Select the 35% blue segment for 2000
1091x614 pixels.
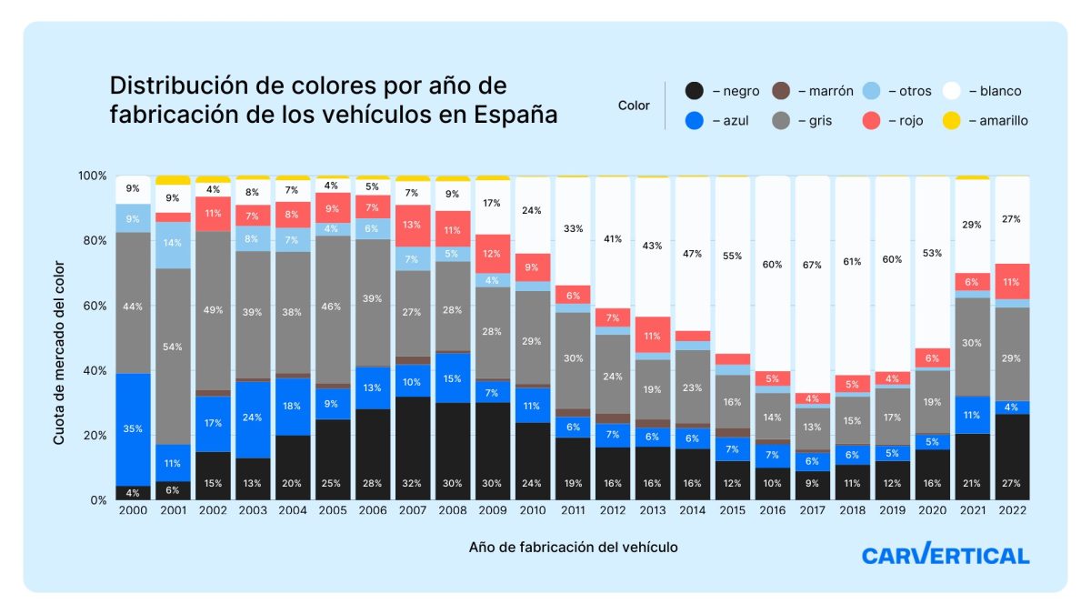(x=133, y=429)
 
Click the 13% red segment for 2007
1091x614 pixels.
(x=413, y=226)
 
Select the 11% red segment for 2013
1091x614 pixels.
(x=652, y=335)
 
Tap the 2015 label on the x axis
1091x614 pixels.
(x=732, y=511)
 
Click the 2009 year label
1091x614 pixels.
(x=493, y=511)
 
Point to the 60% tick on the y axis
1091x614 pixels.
(x=94, y=306)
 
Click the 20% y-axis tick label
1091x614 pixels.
(x=94, y=435)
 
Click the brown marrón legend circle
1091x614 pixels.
(x=780, y=91)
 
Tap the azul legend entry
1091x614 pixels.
(x=717, y=120)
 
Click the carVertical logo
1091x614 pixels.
(x=945, y=555)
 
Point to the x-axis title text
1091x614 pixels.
(x=573, y=547)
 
